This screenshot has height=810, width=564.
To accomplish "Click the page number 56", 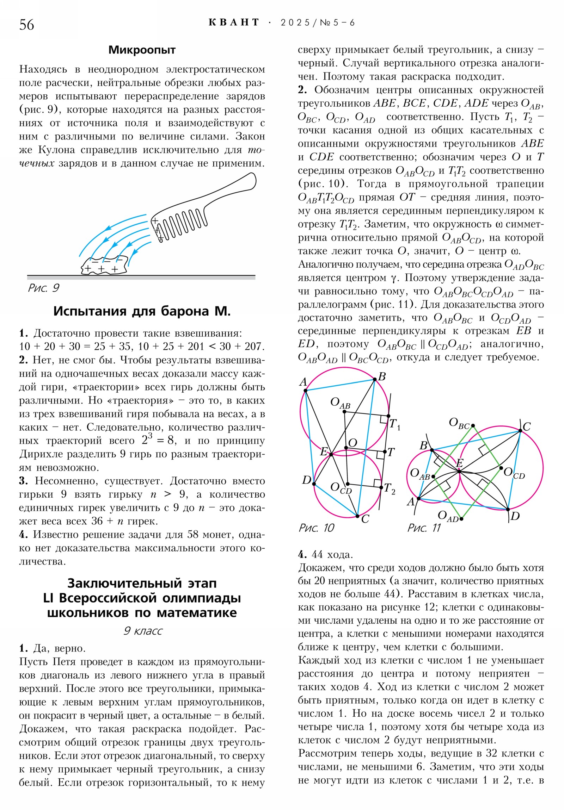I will point(26,25).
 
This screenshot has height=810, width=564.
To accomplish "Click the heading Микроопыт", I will point(142,50).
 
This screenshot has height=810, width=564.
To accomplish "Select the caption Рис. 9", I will point(43,288).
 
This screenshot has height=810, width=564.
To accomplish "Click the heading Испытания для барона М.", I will point(142,311).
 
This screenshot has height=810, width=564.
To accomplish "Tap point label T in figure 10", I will point(391,452).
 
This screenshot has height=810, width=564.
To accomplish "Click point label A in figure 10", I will point(303,382).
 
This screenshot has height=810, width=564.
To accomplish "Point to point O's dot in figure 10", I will point(346,448).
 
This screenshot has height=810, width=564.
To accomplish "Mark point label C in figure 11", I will point(527,426).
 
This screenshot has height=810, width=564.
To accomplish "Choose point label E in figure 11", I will point(460,463).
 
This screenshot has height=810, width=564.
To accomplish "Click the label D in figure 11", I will point(515,516).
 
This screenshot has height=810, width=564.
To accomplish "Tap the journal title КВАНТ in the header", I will point(234,23).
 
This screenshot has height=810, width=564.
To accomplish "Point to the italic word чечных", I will point(37,163).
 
